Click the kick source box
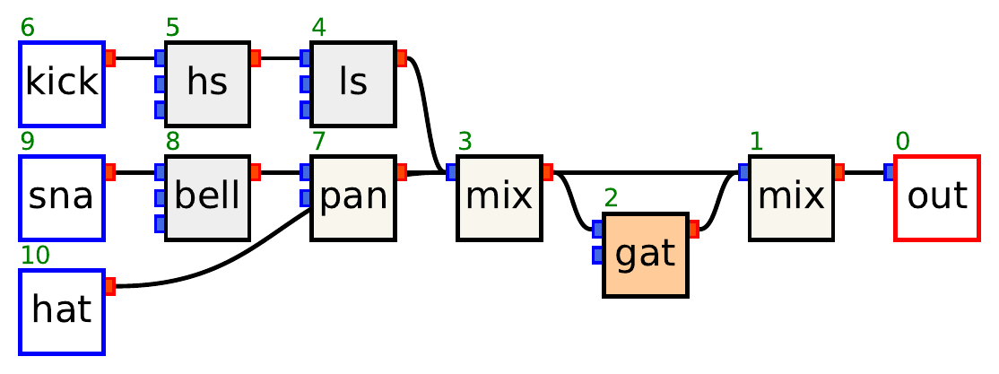62,83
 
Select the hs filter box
207,83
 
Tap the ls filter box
353,83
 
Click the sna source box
62,197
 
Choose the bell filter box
207,197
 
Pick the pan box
353,197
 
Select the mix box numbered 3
499,197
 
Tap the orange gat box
646,255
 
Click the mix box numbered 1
792,197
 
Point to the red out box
937,197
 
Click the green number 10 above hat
35,256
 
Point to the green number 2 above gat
611,199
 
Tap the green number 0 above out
902,141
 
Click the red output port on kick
110,58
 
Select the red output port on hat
110,286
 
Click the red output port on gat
693,230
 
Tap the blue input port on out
889,172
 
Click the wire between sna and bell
135,172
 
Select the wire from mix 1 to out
864,172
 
